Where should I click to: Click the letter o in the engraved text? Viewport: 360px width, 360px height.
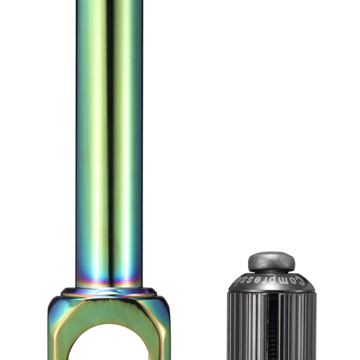click(296, 281)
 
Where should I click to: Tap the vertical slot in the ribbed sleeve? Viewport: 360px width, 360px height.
click(271, 327)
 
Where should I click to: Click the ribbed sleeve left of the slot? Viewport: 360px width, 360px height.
click(246, 327)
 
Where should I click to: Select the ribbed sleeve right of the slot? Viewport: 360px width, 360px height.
click(296, 327)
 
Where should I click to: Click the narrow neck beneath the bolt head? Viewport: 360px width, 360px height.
click(271, 271)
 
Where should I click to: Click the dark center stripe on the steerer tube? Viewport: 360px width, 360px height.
click(109, 142)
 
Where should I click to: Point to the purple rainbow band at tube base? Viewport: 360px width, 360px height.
click(109, 279)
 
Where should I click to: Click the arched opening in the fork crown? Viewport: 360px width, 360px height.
click(109, 346)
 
